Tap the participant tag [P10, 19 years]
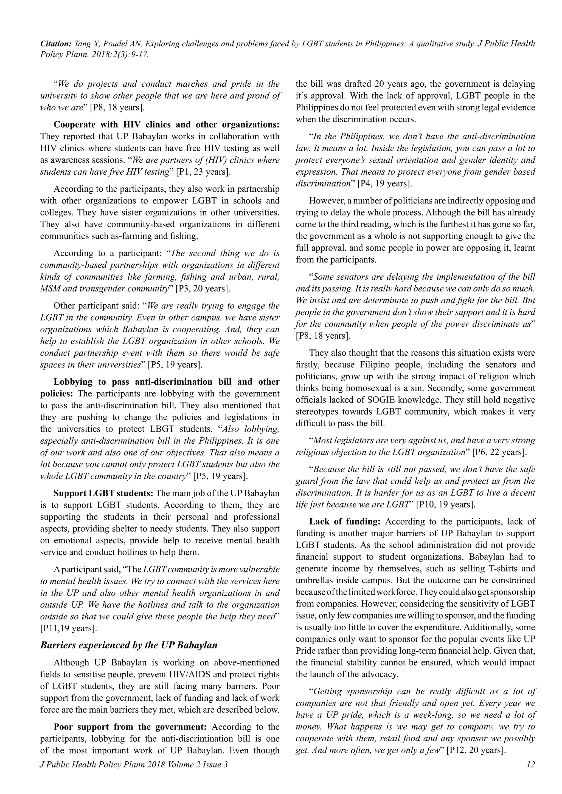tap(445, 504)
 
